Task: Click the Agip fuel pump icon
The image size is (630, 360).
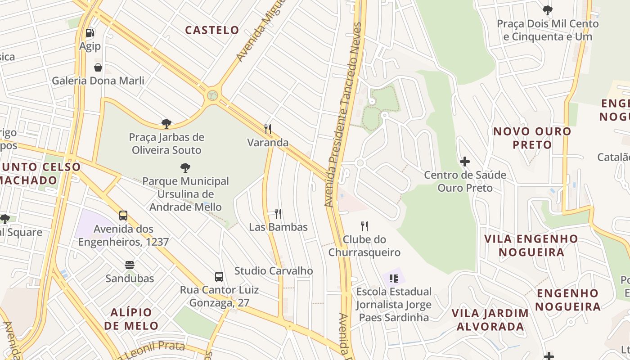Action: (90, 32)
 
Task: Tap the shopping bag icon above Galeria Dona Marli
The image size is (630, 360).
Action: (98, 67)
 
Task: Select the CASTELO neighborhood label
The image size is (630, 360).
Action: (212, 30)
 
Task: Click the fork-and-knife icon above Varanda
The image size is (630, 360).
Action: (268, 129)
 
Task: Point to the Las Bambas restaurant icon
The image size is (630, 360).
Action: (278, 213)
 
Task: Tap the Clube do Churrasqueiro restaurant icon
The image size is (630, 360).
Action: (364, 226)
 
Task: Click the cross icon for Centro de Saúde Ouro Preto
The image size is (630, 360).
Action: (465, 161)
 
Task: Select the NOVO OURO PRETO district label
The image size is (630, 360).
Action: (532, 138)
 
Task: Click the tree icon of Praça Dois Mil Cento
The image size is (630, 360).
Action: (547, 10)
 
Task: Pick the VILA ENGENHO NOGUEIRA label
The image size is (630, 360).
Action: (531, 245)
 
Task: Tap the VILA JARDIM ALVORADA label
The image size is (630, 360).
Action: (490, 319)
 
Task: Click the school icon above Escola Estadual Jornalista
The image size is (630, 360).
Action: (394, 279)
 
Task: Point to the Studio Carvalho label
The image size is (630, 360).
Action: (273, 271)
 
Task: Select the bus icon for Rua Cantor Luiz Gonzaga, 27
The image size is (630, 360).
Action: (219, 276)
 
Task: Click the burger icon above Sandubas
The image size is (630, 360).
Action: (130, 265)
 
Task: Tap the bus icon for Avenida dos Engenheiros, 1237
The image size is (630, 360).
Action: (123, 216)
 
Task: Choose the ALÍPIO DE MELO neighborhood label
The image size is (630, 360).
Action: (131, 319)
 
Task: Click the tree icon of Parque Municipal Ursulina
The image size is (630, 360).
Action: (185, 168)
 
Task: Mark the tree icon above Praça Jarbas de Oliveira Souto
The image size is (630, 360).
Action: (166, 123)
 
